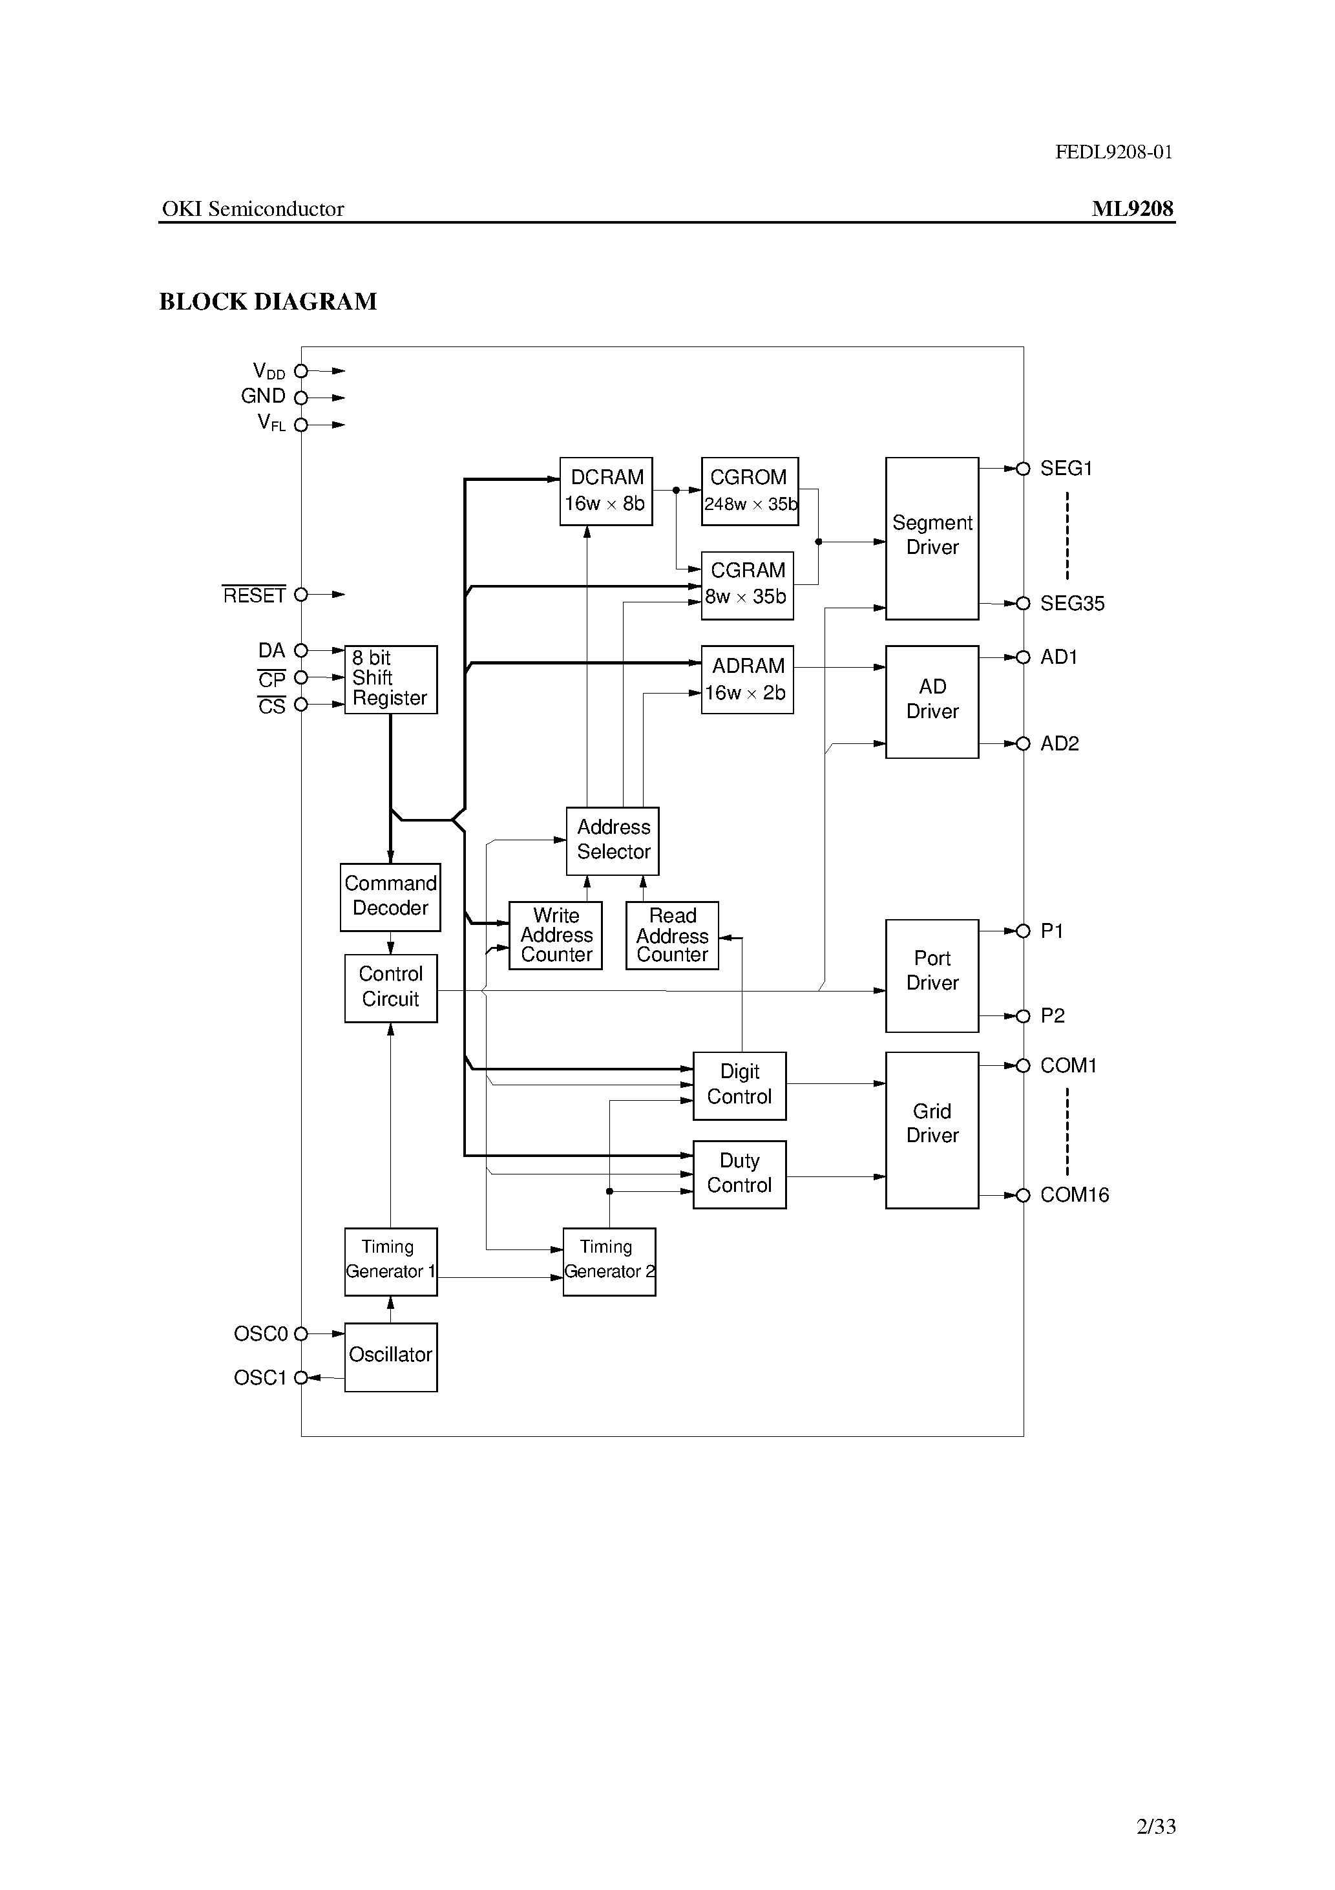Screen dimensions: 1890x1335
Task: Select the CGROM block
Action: click(749, 491)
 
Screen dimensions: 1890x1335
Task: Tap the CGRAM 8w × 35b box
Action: click(746, 585)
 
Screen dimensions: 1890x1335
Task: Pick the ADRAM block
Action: click(746, 679)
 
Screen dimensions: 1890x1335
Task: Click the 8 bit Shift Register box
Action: click(390, 679)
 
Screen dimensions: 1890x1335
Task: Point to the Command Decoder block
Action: click(390, 897)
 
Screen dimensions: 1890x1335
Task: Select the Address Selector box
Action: click(613, 840)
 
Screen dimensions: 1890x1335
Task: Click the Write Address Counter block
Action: click(556, 935)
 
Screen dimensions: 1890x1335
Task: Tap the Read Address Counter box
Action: click(671, 935)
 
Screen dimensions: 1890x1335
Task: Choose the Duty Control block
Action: click(739, 1174)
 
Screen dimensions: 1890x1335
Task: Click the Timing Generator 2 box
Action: click(609, 1261)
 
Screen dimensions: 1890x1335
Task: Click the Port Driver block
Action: click(932, 975)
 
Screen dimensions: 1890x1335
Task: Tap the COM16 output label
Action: click(1074, 1195)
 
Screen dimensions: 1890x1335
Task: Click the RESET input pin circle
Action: click(301, 594)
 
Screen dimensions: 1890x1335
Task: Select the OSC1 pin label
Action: click(259, 1378)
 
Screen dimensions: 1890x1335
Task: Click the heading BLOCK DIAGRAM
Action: click(268, 302)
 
